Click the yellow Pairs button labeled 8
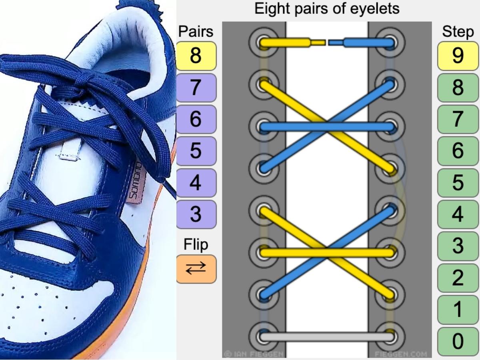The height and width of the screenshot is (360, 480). (x=196, y=56)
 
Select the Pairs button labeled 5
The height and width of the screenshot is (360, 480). (x=196, y=151)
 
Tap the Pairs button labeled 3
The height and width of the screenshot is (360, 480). (x=196, y=214)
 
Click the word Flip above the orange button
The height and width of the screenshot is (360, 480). (x=196, y=244)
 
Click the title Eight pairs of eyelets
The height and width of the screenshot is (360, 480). (x=327, y=8)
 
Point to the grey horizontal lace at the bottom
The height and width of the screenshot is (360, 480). (x=327, y=337)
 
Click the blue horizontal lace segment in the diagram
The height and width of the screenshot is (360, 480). (x=327, y=128)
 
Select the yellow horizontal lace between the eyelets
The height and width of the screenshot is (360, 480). (x=327, y=252)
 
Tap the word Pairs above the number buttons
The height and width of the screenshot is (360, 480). (x=196, y=31)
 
